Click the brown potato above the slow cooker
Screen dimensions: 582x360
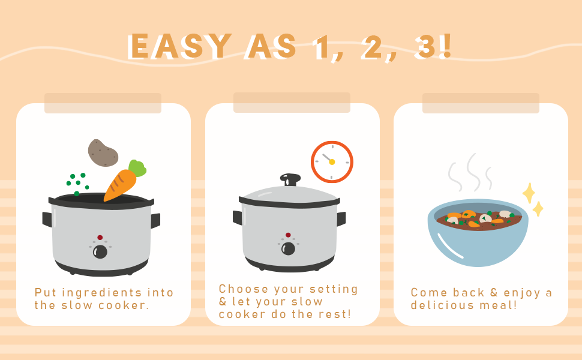pos(103,153)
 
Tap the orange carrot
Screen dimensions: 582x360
pos(121,184)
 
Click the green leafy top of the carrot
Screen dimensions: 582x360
pos(137,168)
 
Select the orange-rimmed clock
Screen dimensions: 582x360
pos(332,162)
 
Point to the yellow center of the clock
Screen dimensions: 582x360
pos(332,162)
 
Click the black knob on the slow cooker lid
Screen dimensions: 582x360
pos(290,179)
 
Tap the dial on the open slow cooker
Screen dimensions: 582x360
pos(100,251)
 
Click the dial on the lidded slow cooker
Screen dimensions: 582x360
pos(288,248)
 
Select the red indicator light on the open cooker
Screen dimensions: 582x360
pos(100,238)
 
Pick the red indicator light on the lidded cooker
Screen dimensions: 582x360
pos(288,235)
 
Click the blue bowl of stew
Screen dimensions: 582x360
pos(478,233)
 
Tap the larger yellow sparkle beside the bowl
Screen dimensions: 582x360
pos(529,193)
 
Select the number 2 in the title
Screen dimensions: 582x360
pos(372,47)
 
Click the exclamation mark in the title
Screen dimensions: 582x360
pos(446,46)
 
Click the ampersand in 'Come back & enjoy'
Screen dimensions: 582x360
pos(494,292)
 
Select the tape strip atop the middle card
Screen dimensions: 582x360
pos(292,103)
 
